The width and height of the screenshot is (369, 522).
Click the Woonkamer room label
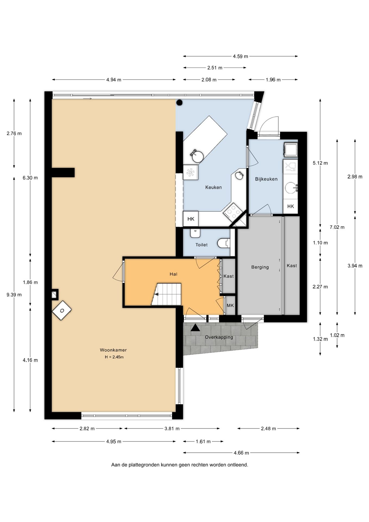click(113, 350)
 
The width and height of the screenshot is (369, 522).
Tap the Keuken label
click(214, 187)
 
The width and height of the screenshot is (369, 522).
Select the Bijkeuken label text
click(266, 179)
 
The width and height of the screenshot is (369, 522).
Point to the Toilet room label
click(202, 245)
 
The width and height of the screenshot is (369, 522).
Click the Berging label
click(260, 267)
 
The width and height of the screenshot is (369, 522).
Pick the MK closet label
click(230, 306)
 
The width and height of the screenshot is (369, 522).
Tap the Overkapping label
click(219, 337)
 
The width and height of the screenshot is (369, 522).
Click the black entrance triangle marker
click(195, 328)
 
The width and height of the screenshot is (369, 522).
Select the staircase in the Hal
click(166, 294)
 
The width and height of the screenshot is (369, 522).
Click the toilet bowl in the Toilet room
click(224, 243)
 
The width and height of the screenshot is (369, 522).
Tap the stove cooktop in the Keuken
click(232, 211)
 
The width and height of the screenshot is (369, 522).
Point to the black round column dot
click(179, 102)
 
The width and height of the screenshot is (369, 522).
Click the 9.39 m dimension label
click(14, 295)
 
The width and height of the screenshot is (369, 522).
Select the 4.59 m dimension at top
click(240, 57)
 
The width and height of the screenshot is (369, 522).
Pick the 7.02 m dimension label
click(337, 227)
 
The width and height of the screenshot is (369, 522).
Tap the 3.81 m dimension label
click(172, 429)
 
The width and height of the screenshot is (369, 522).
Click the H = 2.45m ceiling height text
click(114, 357)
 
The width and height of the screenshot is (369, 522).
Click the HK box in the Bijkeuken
click(290, 207)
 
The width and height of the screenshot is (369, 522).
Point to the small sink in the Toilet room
click(195, 233)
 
